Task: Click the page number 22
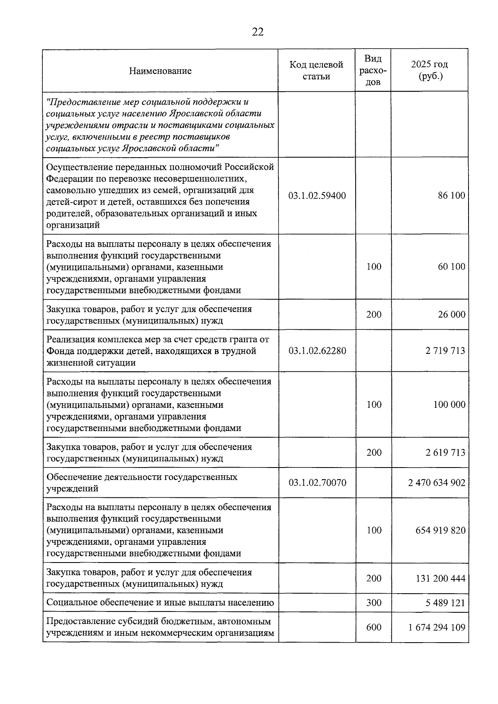tap(257, 32)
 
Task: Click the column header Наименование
tap(160, 71)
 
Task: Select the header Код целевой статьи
tap(316, 71)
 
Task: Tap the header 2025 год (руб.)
tap(429, 71)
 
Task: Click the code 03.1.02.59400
tap(317, 196)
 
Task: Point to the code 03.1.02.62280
tap(317, 351)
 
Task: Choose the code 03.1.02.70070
tap(317, 483)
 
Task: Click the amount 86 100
tap(451, 196)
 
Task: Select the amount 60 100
tap(451, 267)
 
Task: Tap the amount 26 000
tap(451, 314)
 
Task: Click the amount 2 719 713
tap(445, 351)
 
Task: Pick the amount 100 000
tap(449, 404)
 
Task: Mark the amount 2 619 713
tap(445, 453)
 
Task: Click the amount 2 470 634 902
tap(437, 483)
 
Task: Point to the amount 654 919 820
tap(440, 531)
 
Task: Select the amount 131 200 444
tap(440, 579)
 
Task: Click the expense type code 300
tap(373, 603)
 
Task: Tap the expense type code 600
tap(373, 627)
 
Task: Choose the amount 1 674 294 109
tap(437, 627)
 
